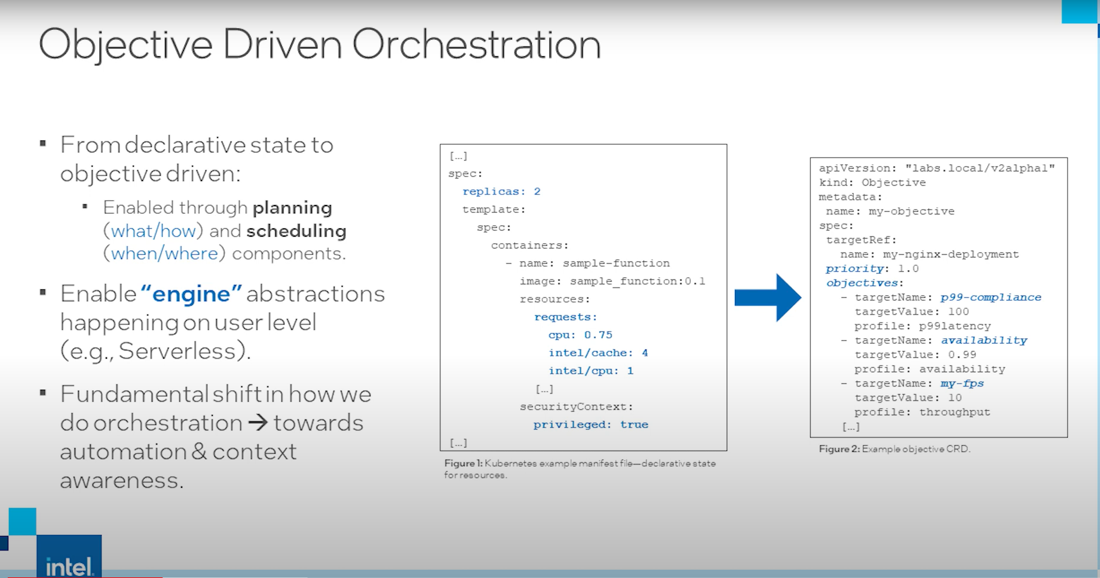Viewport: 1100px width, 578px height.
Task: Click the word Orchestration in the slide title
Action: coord(476,45)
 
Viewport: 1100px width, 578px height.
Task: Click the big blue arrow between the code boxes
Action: coord(768,298)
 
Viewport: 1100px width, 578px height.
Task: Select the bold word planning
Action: coord(292,209)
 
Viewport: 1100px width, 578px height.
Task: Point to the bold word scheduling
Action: coord(296,231)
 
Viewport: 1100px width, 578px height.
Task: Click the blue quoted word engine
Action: coord(191,294)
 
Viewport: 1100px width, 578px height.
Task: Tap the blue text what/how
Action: coord(154,231)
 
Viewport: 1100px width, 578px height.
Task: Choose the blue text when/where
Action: coord(164,253)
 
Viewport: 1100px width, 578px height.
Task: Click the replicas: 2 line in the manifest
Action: coord(501,191)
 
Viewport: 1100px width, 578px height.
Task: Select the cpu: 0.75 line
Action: coord(580,335)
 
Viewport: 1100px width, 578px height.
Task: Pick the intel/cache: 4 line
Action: coord(598,353)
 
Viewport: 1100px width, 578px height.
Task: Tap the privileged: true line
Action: coord(591,424)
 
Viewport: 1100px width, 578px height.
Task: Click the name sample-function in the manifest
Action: coord(616,263)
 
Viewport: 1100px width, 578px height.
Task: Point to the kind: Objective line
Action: coord(872,182)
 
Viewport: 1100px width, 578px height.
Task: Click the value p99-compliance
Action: coord(991,297)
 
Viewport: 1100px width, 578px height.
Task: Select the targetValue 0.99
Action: coord(962,354)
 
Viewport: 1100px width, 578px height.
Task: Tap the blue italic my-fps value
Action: coord(962,383)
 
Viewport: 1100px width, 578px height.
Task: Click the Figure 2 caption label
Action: coord(839,449)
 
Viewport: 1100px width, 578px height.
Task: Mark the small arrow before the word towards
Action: coord(258,423)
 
